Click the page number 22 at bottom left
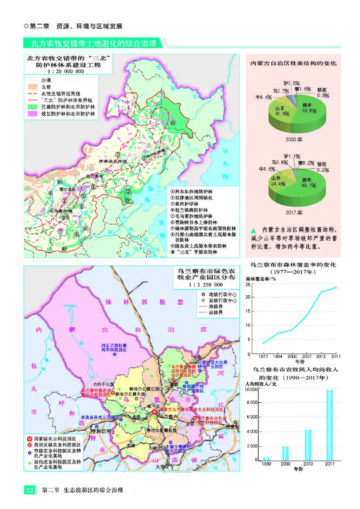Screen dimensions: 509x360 click(29, 490)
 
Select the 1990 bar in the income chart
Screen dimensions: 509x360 click(266, 459)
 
